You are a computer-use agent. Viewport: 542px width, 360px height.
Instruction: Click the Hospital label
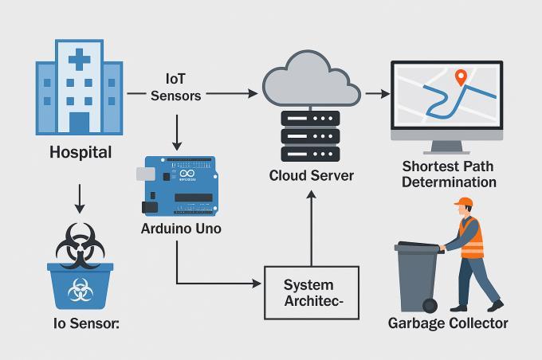(x=80, y=151)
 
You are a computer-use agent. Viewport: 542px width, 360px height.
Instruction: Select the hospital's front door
(x=79, y=122)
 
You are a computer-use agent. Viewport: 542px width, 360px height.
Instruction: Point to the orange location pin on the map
(x=460, y=77)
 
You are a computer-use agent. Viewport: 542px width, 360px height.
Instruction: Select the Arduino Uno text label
(x=181, y=229)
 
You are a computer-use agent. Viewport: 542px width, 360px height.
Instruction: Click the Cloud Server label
(x=311, y=175)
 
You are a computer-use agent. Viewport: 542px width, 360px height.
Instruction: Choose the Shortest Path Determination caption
(x=449, y=174)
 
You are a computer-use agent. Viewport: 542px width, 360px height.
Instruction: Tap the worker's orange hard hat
(x=464, y=207)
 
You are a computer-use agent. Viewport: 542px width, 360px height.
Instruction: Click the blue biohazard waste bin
(x=79, y=287)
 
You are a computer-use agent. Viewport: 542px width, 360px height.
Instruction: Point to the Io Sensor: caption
(x=79, y=324)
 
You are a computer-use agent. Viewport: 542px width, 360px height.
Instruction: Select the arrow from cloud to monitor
(x=377, y=94)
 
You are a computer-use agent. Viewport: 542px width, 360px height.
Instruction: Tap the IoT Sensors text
(x=175, y=87)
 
